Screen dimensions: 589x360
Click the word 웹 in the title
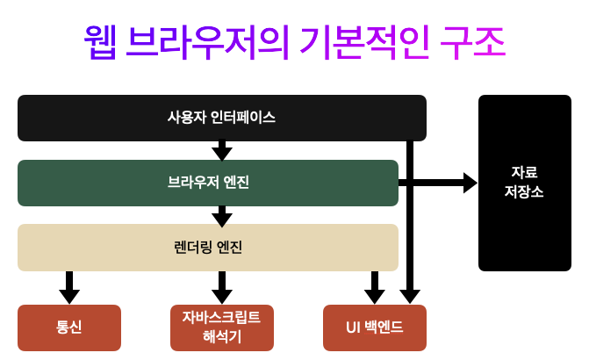(x=100, y=42)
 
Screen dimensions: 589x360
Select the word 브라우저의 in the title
(x=207, y=42)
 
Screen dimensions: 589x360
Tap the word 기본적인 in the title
(x=364, y=42)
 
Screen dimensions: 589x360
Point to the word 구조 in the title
(x=472, y=42)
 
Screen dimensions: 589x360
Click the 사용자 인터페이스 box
(x=222, y=118)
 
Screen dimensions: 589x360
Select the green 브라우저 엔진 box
(x=208, y=183)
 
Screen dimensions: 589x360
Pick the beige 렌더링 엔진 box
(x=208, y=248)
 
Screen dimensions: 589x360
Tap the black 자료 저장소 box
(x=525, y=183)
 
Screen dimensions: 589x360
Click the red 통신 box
(x=69, y=328)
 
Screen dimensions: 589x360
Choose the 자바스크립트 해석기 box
(x=222, y=328)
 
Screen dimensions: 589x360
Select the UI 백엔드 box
(x=375, y=328)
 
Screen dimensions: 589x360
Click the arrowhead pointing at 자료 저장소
(x=470, y=183)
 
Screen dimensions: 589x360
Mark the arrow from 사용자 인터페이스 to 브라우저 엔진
(x=222, y=150)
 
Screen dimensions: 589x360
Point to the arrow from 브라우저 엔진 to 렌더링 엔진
(x=222, y=216)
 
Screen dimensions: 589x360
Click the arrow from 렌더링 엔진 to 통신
(x=69, y=287)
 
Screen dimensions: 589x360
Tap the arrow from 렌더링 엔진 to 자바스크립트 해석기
(x=222, y=287)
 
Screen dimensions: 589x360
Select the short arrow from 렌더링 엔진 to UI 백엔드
(x=375, y=287)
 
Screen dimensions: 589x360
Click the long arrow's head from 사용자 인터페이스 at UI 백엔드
(x=410, y=297)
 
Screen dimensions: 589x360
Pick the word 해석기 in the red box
(x=222, y=336)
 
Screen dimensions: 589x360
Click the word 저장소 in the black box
(x=524, y=192)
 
